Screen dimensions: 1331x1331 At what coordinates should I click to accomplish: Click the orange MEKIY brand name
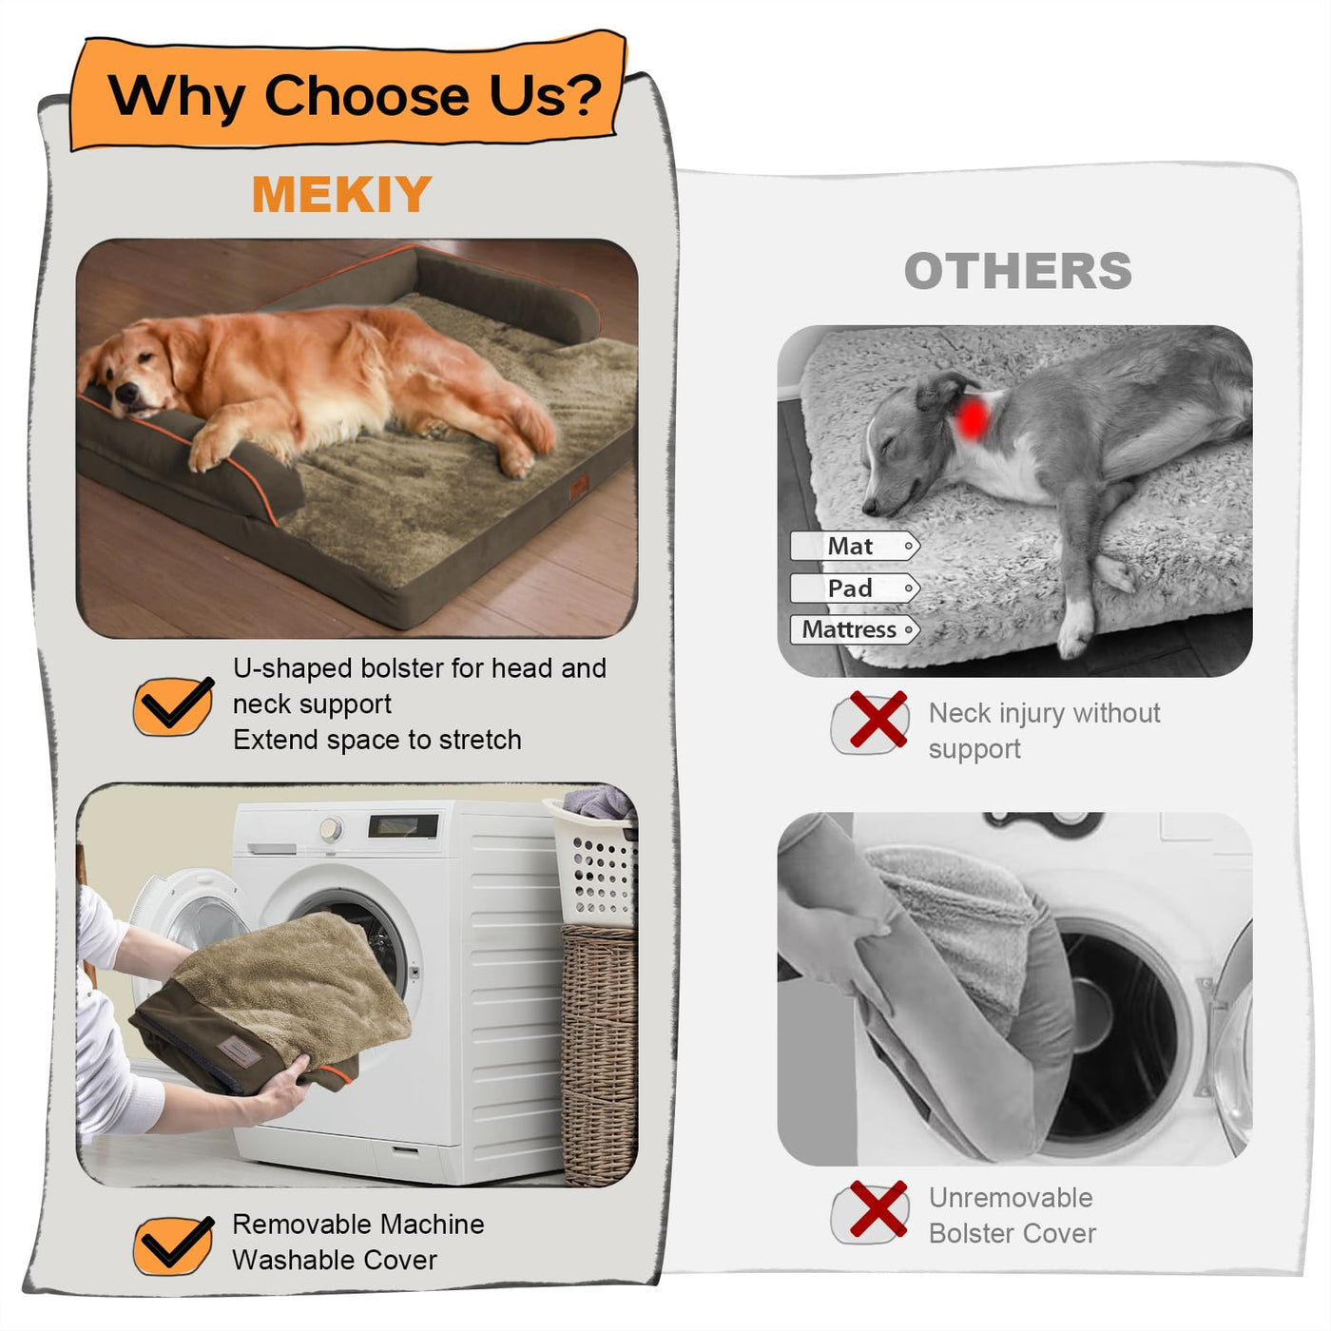click(x=342, y=194)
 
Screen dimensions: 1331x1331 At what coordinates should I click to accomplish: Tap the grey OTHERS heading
click(x=1017, y=271)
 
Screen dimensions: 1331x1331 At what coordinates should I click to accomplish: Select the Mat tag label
click(x=855, y=546)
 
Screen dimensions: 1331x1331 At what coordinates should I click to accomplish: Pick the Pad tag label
click(x=855, y=588)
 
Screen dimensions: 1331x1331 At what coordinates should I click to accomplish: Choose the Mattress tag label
click(x=855, y=629)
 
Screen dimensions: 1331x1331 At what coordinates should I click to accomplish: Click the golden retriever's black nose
click(x=125, y=393)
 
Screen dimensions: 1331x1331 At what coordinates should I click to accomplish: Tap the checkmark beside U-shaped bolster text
click(x=173, y=705)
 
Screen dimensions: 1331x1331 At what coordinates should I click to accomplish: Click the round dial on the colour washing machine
click(x=331, y=829)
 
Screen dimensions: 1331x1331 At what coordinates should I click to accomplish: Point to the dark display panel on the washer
click(x=403, y=825)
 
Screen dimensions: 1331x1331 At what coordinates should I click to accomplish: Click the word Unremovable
click(x=1011, y=1198)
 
